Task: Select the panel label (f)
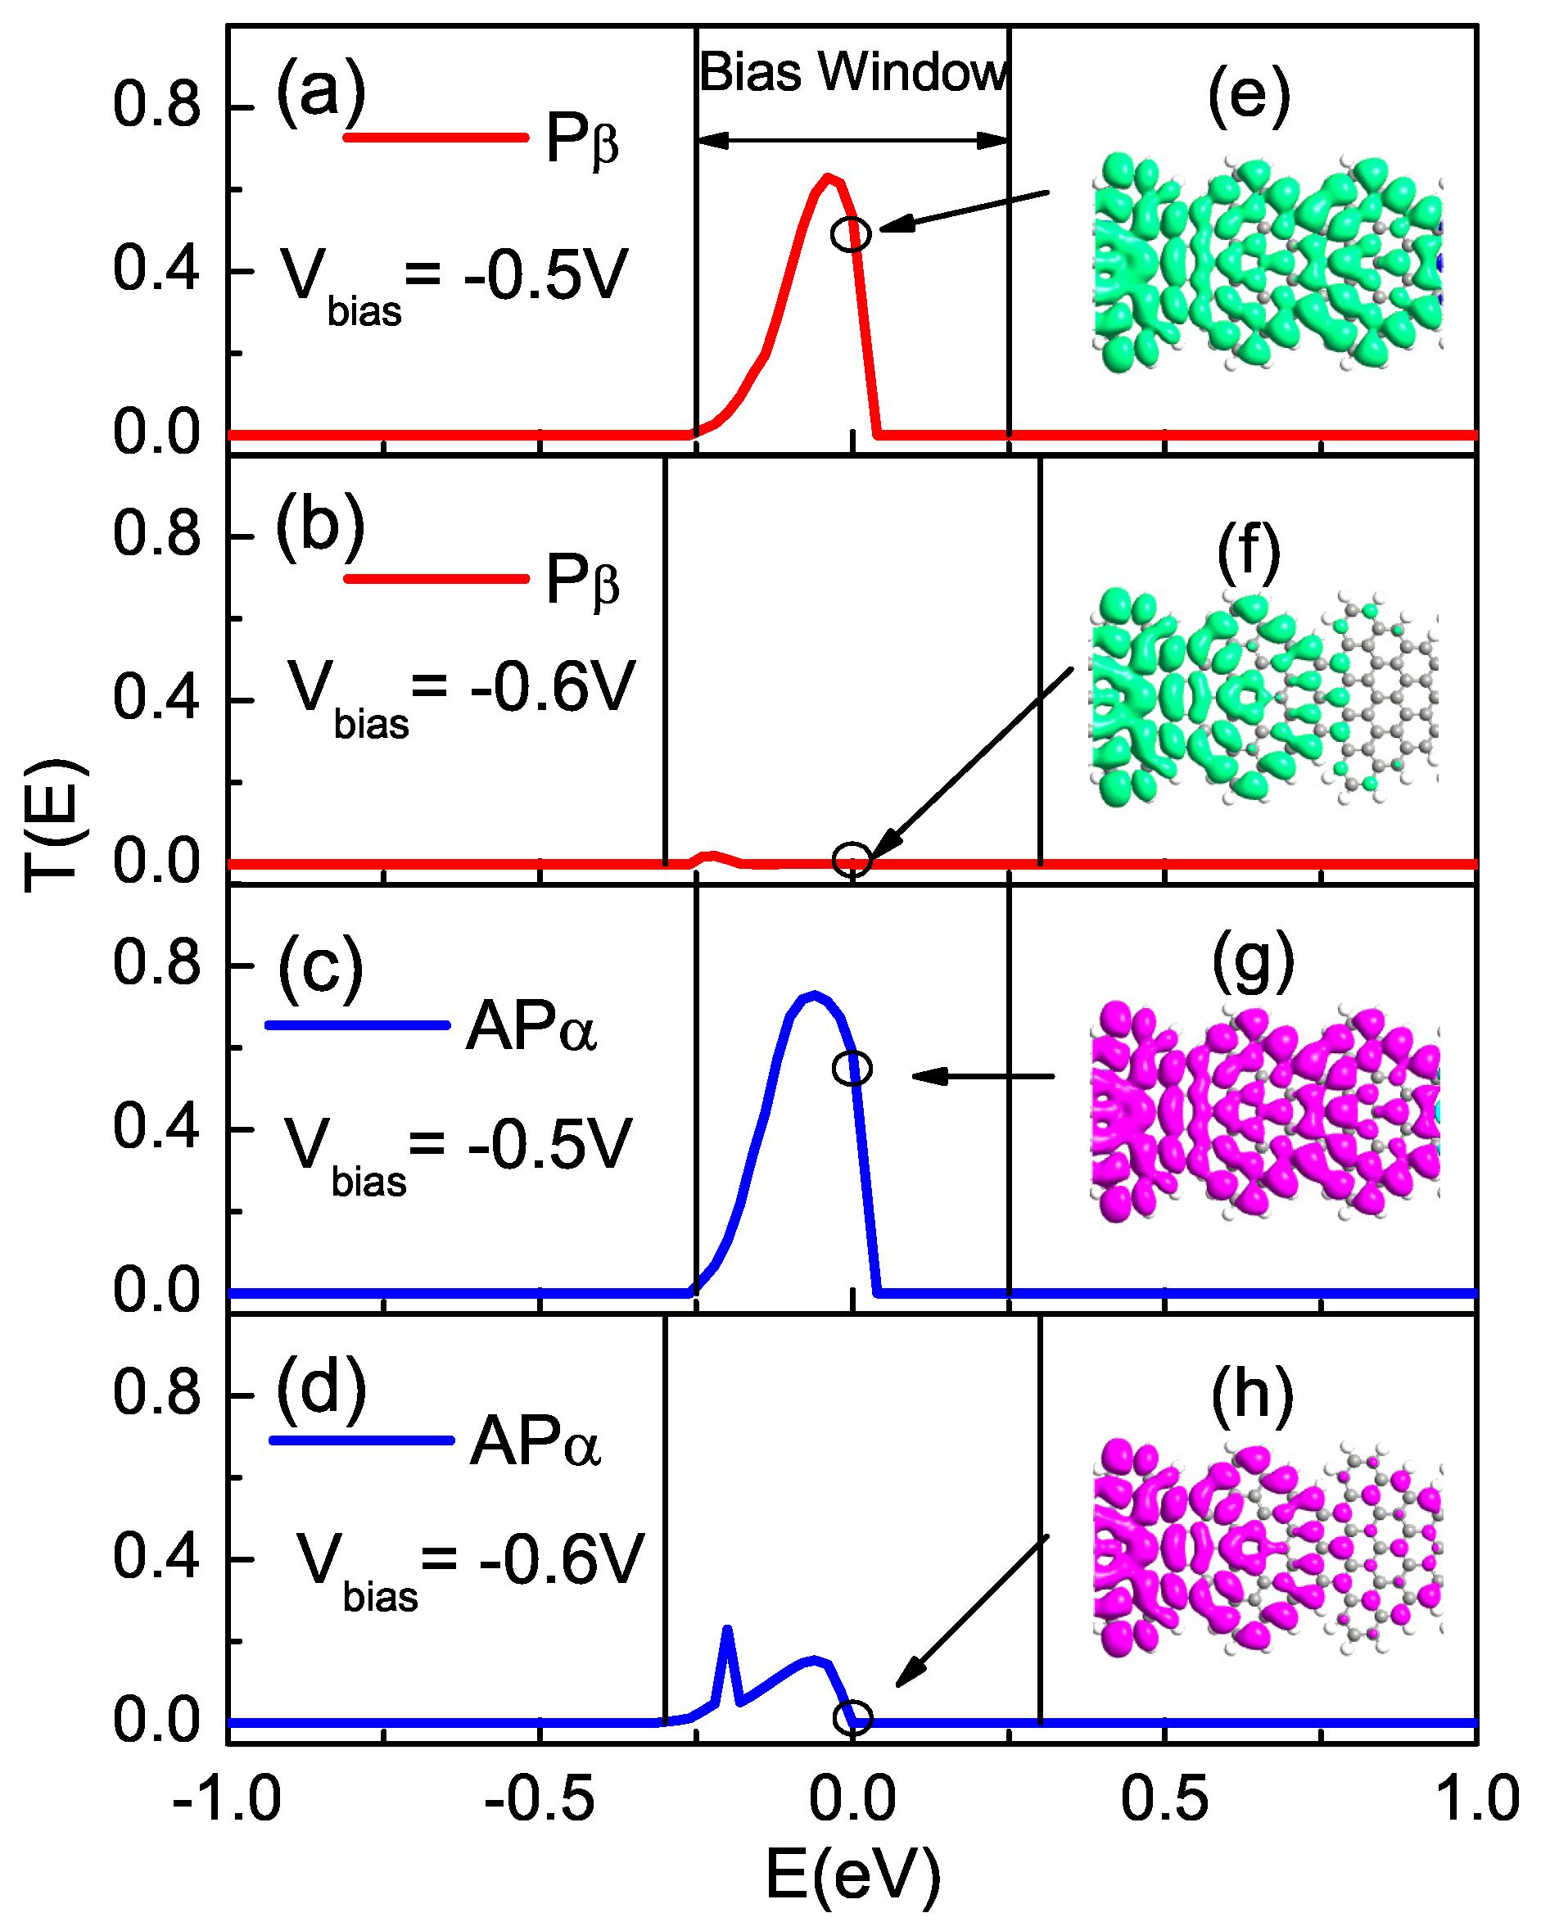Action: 1249,553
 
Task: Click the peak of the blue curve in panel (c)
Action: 813,995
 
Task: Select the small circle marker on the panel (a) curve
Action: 852,234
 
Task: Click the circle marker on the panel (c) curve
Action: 852,1068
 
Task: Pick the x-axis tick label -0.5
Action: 538,1799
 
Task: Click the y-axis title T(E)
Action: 55,825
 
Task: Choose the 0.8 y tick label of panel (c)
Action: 157,965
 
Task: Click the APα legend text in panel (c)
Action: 531,1027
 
